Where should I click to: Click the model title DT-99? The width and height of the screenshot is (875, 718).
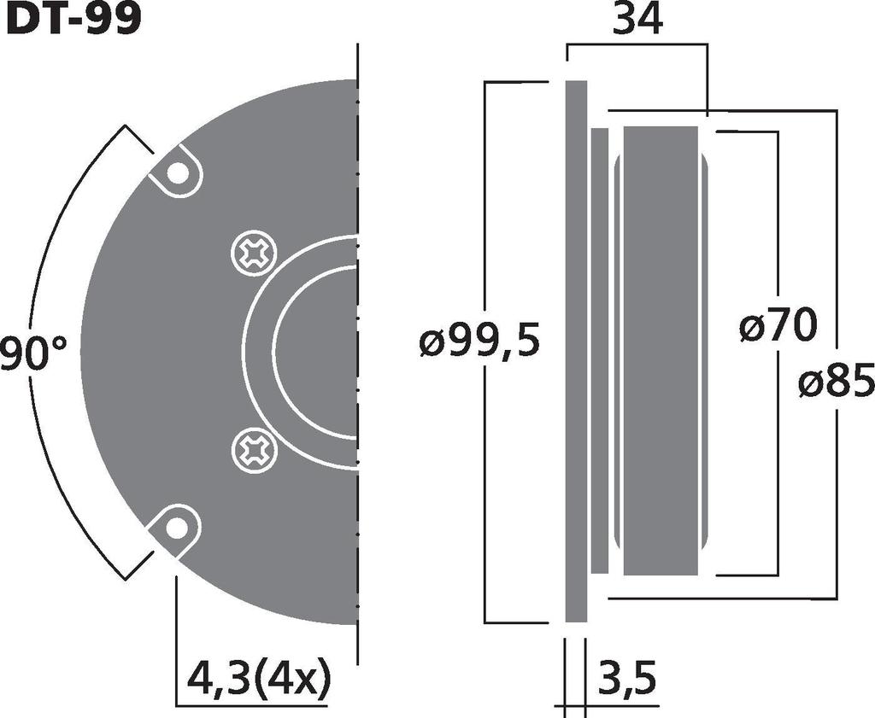pos(73,19)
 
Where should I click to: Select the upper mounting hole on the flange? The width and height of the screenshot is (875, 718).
pos(177,173)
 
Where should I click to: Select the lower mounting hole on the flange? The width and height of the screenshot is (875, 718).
pos(177,528)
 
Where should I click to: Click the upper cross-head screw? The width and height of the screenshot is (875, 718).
pos(254,254)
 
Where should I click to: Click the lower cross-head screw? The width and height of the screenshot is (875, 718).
pos(254,448)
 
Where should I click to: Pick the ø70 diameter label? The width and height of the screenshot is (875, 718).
pos(778,327)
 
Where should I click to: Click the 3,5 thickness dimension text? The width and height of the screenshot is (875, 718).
pos(626,680)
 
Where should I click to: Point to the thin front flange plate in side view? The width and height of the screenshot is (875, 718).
pos(577,350)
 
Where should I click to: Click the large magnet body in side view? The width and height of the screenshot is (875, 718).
pos(660,350)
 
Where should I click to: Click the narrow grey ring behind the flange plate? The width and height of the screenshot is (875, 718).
pos(600,350)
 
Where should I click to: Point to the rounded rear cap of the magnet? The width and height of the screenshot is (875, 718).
pos(705,350)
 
